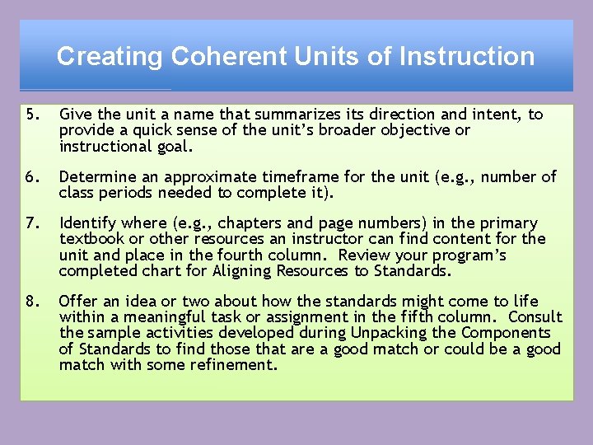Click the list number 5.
point(31,115)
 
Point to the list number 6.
point(31,177)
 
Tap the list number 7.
point(31,223)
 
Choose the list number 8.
point(31,302)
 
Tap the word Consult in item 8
point(535,317)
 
